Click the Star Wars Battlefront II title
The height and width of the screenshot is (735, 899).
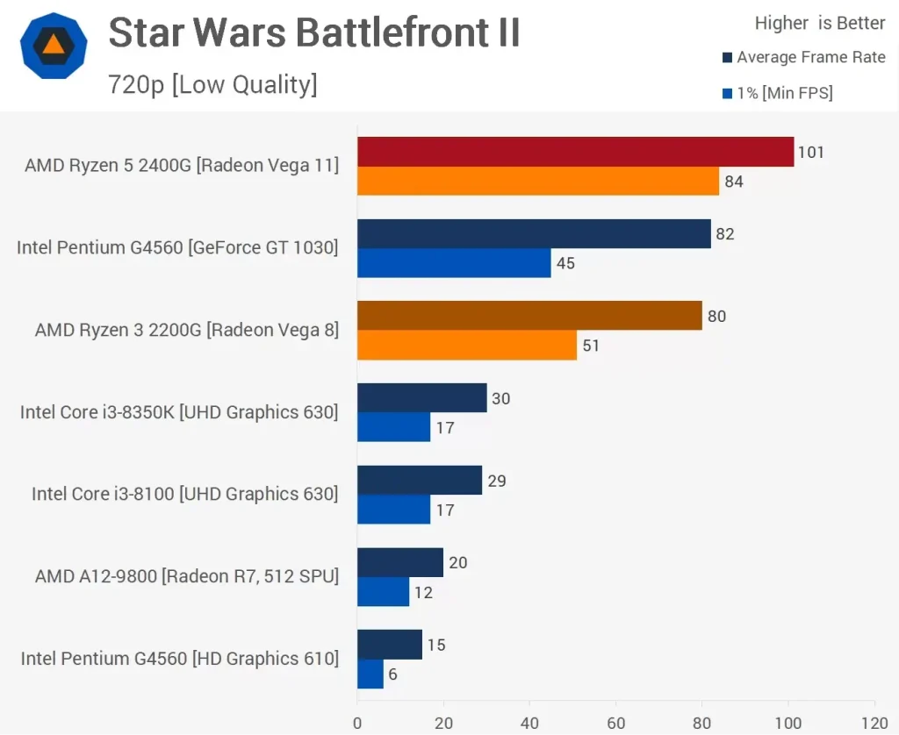coord(314,34)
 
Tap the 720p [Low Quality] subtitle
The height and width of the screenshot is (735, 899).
coord(212,85)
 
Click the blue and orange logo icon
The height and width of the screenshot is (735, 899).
coord(54,46)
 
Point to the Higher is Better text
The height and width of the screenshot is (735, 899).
coord(820,24)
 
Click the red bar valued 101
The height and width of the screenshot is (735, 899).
coord(575,152)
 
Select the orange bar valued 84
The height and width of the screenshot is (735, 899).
coord(537,182)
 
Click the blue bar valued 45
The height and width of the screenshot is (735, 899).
coord(454,263)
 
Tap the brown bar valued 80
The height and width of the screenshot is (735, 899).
coord(529,316)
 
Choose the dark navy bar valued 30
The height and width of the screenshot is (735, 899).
coord(421,398)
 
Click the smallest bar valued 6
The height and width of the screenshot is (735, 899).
coord(370,674)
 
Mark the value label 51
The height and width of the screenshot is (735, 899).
coord(591,346)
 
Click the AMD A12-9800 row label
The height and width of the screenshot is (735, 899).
coord(186,576)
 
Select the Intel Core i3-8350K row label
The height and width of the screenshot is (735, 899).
coord(179,412)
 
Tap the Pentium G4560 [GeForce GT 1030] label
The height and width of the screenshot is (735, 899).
coord(177,248)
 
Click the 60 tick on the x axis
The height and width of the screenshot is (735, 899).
coord(615,724)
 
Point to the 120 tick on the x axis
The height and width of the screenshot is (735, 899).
coord(874,724)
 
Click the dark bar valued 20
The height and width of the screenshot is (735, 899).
coord(400,562)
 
